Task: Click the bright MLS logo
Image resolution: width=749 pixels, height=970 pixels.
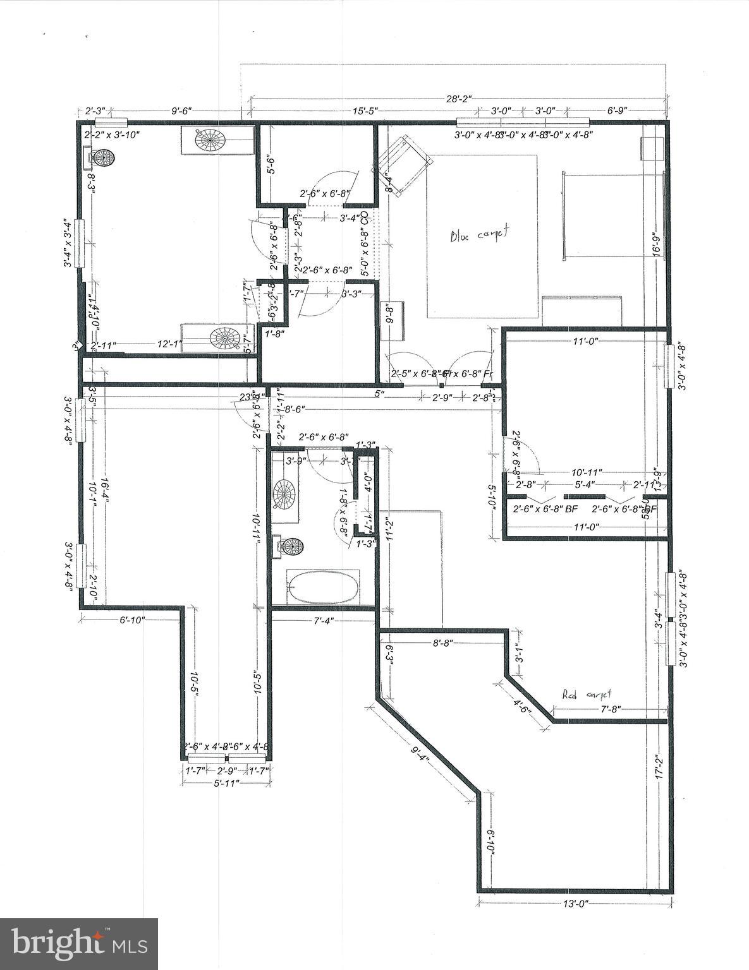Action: click(79, 943)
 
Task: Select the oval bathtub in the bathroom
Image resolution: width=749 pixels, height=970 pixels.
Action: click(323, 587)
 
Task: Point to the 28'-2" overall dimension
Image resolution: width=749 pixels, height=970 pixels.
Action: click(460, 99)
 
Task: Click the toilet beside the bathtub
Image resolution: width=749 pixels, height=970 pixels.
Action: click(289, 546)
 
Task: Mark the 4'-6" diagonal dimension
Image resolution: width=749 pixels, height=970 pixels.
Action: click(522, 707)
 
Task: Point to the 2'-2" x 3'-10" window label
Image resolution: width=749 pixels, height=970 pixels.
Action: click(112, 135)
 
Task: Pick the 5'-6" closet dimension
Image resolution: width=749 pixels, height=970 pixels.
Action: click(270, 165)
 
